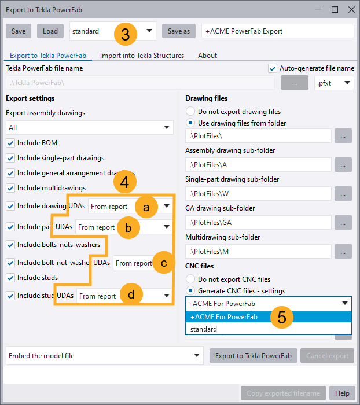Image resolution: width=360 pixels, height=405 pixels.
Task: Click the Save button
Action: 18,31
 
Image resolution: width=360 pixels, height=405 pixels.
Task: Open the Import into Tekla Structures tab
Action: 142,56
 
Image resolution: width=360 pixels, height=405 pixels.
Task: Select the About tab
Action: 207,56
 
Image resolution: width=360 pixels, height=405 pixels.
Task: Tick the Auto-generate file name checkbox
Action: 273,68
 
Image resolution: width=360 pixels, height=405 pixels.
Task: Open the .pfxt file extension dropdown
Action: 334,83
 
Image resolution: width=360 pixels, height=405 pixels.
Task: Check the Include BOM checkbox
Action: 10,143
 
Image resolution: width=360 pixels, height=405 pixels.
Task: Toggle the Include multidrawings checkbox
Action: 10,188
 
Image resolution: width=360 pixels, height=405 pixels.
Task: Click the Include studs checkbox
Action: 10,278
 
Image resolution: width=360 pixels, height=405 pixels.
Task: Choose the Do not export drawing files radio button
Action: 190,112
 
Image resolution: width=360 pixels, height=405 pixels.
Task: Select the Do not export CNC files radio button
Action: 190,279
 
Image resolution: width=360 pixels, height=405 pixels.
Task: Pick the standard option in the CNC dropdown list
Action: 204,329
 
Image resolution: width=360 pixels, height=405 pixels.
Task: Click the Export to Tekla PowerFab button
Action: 253,356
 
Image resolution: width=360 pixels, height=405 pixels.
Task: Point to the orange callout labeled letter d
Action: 132,294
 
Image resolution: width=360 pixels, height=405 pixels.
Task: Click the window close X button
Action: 351,10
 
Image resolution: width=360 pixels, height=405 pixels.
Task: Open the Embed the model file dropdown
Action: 104,356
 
